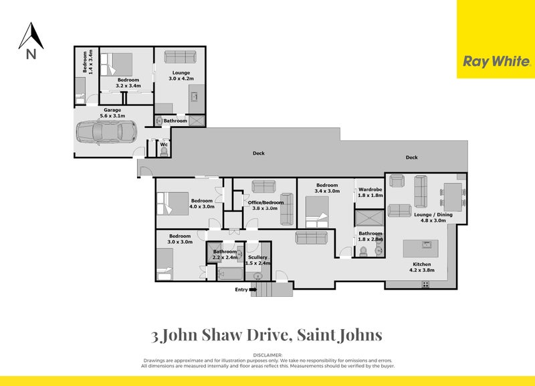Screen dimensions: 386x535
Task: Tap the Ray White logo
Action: (x=496, y=61)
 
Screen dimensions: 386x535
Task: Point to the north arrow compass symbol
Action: (x=30, y=42)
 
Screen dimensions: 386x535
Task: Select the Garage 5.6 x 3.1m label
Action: (x=112, y=112)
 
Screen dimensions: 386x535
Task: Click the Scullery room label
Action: (x=257, y=260)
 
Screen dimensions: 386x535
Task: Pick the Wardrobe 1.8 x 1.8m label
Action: (x=370, y=192)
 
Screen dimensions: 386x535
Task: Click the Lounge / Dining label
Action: (x=429, y=217)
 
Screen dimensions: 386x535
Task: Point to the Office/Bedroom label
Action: (x=265, y=205)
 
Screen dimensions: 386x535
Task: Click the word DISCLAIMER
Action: (x=267, y=355)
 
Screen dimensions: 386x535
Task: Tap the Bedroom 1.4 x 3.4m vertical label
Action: (x=84, y=62)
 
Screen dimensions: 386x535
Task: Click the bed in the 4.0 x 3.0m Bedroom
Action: (x=170, y=202)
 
